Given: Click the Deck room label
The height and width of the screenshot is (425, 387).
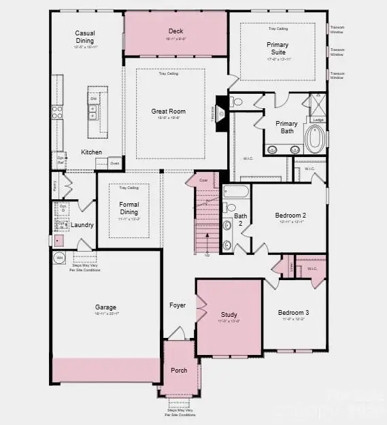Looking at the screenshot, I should [175, 31].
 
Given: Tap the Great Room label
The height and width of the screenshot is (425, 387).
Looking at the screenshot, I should [168, 112].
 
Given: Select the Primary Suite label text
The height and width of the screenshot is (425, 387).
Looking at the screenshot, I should [277, 48].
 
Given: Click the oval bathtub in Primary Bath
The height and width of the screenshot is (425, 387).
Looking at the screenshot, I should [315, 138].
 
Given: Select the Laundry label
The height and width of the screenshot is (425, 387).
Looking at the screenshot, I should [82, 225].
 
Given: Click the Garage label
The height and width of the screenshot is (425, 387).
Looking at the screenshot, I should [105, 307].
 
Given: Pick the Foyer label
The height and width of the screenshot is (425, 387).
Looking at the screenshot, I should [177, 305].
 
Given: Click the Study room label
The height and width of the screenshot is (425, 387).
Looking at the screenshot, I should [229, 315].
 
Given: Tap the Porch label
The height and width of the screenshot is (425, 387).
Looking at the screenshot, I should [179, 370].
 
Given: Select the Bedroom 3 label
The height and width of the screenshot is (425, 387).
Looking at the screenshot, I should [295, 313].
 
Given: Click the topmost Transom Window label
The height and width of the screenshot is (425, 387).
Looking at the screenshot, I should [337, 30].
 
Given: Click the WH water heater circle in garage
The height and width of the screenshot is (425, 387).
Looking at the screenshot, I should [58, 258].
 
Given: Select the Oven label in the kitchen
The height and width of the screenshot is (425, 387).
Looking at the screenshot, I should [114, 163].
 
